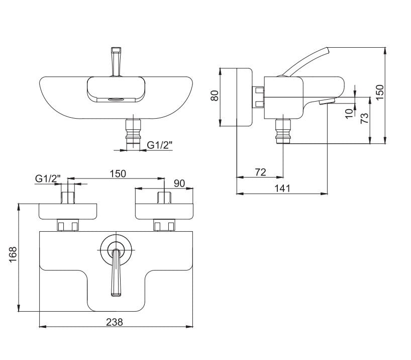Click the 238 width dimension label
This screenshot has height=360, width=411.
point(115,322)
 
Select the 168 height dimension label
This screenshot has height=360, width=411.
point(13,254)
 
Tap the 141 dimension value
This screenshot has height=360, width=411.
point(282,189)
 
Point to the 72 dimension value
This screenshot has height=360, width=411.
point(260,172)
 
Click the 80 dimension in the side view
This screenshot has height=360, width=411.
point(215,96)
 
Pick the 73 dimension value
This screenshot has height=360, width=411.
point(364,118)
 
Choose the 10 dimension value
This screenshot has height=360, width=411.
point(349,113)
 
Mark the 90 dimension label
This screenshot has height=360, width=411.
point(179,183)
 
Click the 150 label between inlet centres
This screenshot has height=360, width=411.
point(118,173)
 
